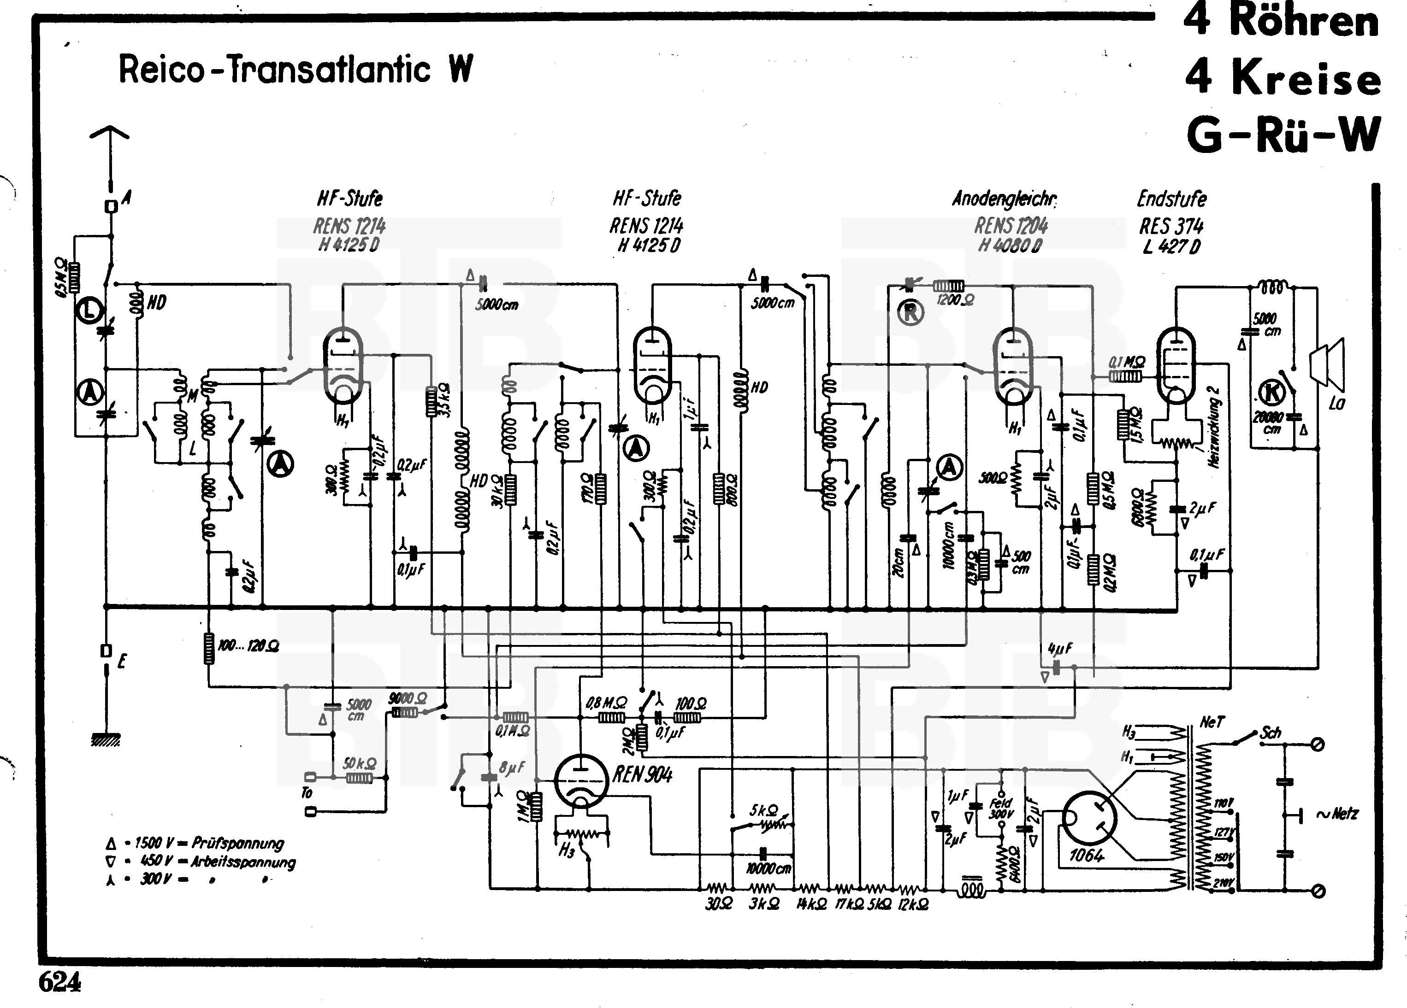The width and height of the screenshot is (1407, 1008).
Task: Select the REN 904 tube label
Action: (x=642, y=774)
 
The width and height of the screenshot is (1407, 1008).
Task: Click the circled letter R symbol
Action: (x=910, y=313)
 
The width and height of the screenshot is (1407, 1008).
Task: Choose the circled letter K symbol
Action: (x=1273, y=392)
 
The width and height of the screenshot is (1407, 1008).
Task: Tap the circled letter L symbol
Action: (x=90, y=311)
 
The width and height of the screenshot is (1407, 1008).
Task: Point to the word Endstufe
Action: (x=1171, y=199)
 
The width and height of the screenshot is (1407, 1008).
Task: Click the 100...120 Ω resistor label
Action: (x=248, y=646)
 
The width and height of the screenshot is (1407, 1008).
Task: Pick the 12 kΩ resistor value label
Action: (x=914, y=904)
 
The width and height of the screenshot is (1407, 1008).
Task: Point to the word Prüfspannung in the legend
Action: (x=237, y=843)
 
